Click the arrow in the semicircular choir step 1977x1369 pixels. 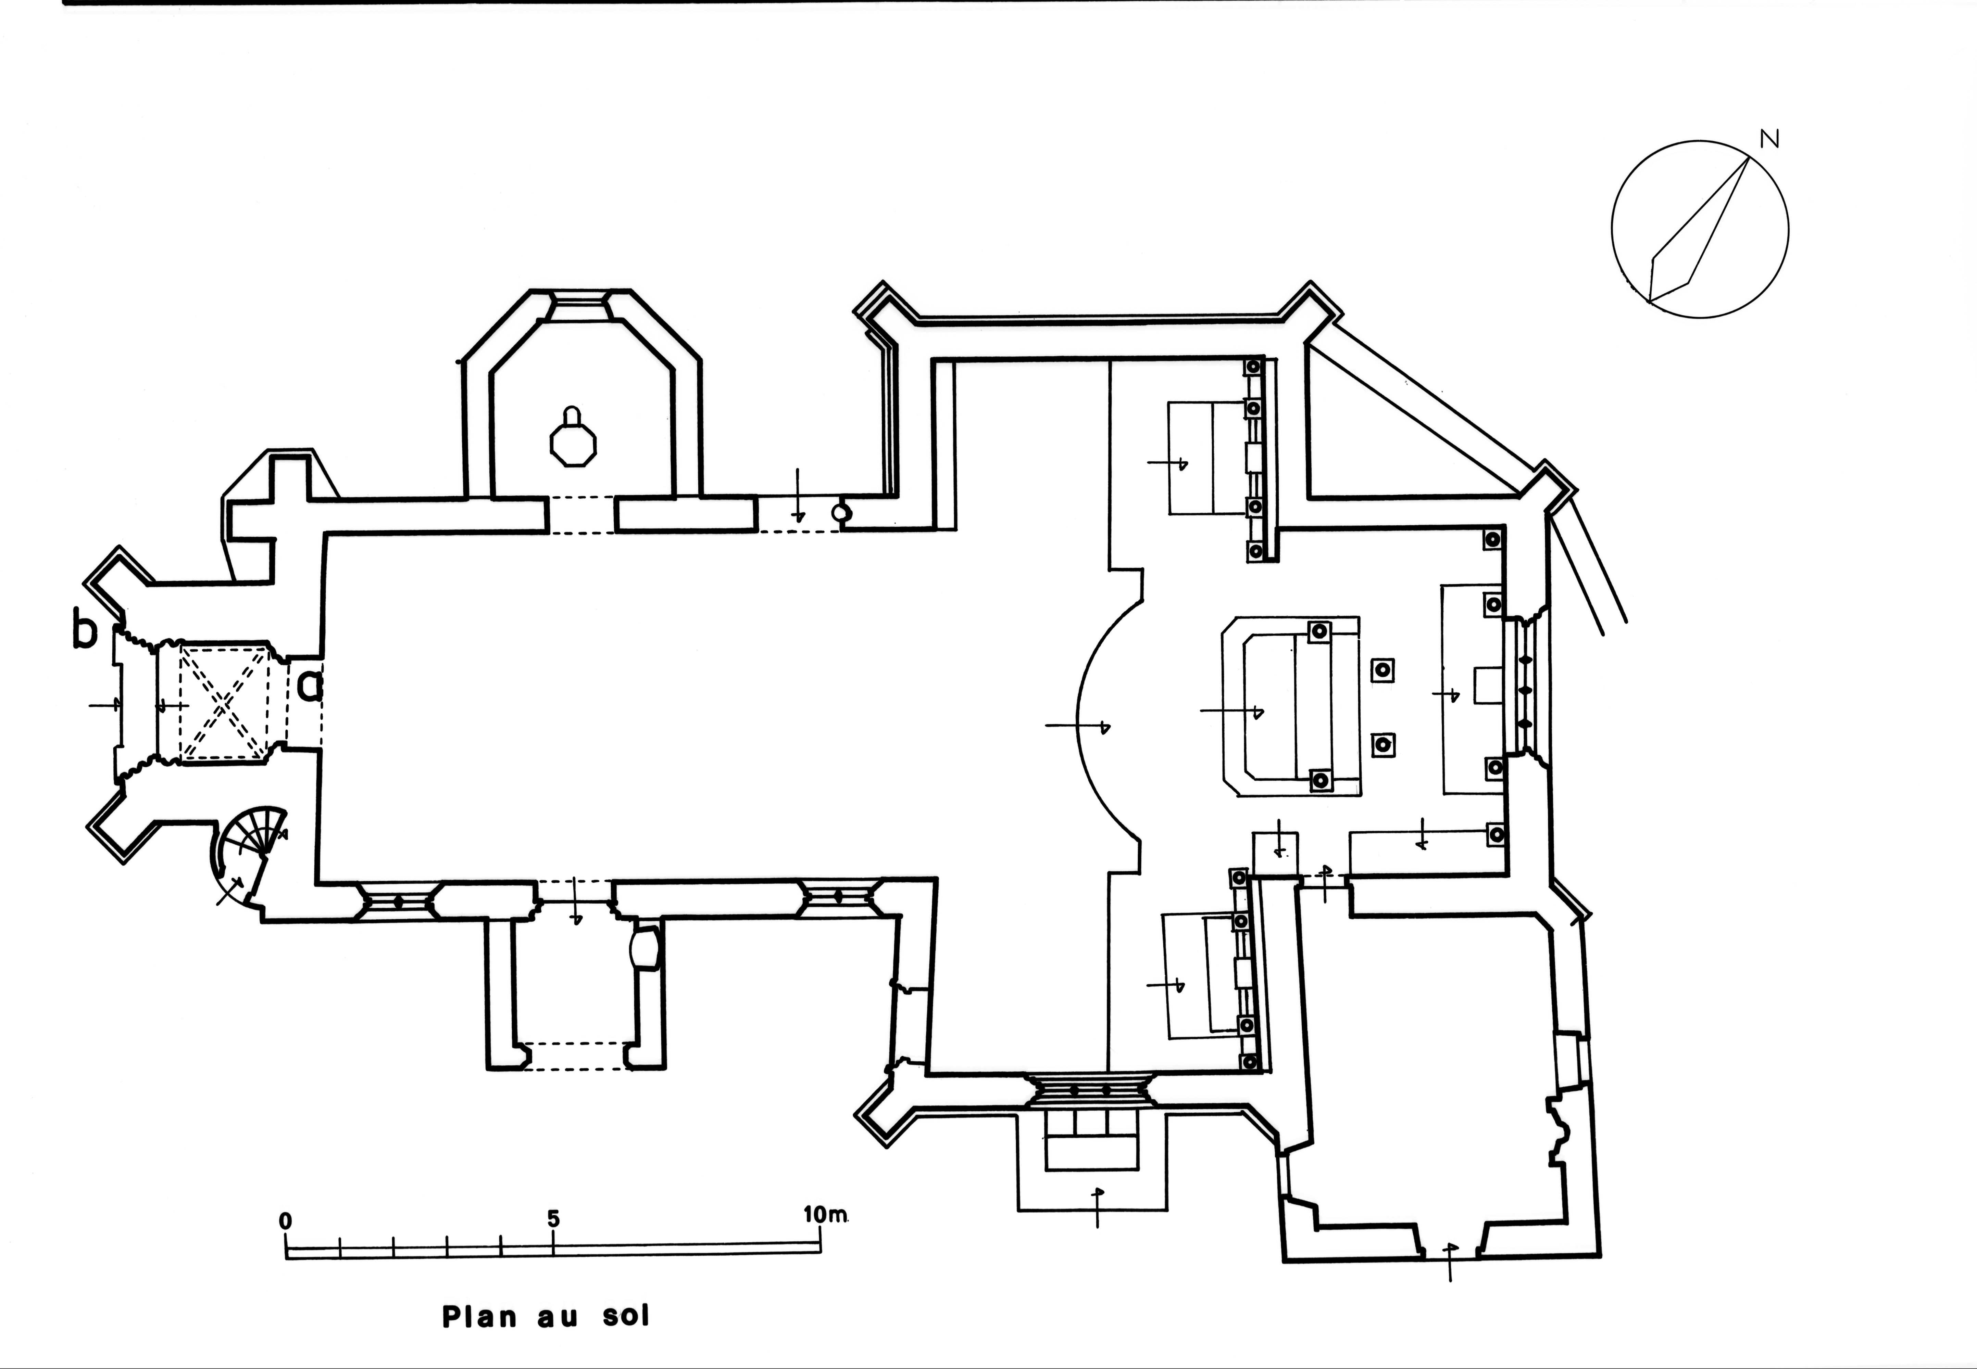coord(1078,727)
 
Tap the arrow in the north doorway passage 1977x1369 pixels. coord(799,495)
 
